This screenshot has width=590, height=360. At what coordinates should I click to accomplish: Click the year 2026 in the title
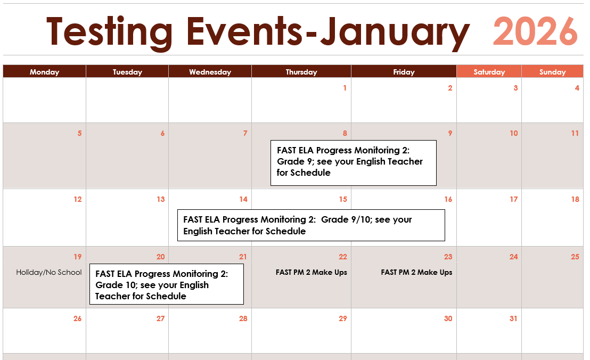click(535, 31)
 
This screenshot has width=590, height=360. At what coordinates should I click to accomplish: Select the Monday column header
click(44, 71)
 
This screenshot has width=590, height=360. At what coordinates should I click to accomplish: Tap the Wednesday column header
click(210, 71)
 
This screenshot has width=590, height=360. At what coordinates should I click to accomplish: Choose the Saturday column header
click(489, 71)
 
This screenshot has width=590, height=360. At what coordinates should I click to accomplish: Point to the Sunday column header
click(552, 71)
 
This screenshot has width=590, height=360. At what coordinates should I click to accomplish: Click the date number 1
click(345, 88)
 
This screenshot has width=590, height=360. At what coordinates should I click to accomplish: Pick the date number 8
click(345, 133)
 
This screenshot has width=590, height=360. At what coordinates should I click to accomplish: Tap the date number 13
click(161, 199)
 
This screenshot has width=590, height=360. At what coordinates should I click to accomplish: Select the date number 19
click(78, 257)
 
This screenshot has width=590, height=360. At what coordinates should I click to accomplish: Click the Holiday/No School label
click(49, 272)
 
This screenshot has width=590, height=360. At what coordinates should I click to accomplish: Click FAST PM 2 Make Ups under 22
click(311, 272)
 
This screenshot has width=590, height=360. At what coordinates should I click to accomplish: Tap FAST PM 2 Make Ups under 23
click(416, 272)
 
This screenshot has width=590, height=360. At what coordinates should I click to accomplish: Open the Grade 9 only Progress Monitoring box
click(354, 163)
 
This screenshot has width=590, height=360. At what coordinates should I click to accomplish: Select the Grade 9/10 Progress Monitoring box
click(311, 225)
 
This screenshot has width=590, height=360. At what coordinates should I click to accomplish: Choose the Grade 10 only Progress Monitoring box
click(167, 284)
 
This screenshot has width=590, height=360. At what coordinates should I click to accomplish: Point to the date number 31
click(514, 318)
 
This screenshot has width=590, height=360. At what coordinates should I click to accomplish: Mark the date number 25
click(575, 257)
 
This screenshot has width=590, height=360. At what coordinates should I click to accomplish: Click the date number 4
click(577, 88)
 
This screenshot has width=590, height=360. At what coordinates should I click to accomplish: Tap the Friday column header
click(404, 71)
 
